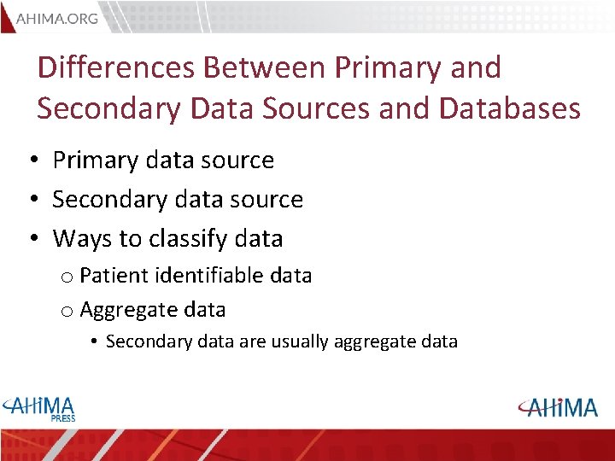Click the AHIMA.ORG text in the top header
click(x=57, y=17)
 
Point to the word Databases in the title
click(x=510, y=108)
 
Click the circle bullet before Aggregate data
click(x=66, y=311)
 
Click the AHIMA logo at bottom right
click(x=558, y=407)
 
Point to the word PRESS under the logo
click(x=61, y=418)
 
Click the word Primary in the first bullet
click(x=95, y=160)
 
